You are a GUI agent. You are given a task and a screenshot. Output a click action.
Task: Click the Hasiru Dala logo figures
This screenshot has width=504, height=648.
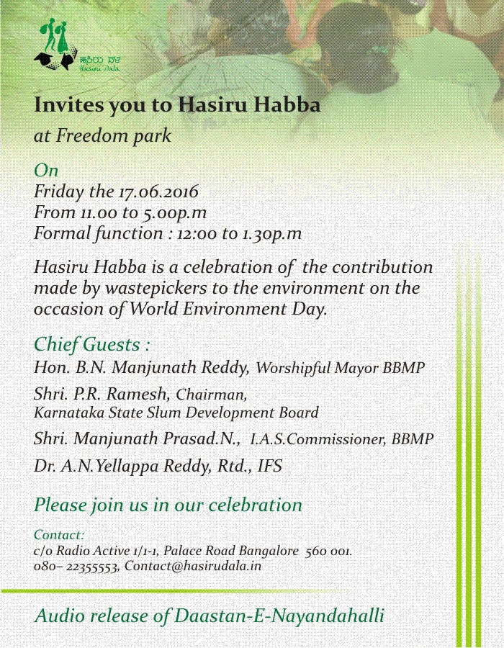pos(57,45)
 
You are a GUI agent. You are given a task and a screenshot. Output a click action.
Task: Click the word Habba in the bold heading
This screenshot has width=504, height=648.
pos(289,105)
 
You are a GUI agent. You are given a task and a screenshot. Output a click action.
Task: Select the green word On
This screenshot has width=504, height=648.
pos(46,171)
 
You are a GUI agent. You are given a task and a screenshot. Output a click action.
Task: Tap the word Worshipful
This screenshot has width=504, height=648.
pos(292,368)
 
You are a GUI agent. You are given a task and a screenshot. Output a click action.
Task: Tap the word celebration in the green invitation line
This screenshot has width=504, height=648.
pos(256,505)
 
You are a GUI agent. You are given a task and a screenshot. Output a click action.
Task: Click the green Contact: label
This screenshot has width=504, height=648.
pos(59,535)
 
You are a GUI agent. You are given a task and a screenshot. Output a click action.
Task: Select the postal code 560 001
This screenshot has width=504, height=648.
pos(328,551)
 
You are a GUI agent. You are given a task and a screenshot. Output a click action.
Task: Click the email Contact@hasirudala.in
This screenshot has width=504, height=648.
pos(192,567)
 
